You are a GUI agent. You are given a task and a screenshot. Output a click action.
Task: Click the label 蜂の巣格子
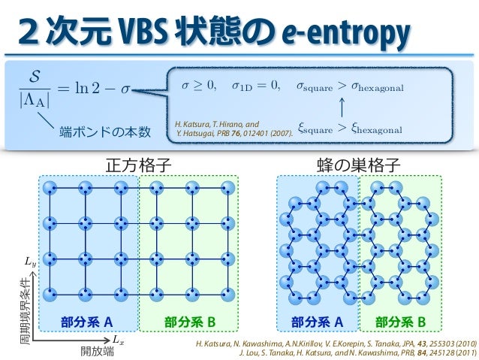coord(358,162)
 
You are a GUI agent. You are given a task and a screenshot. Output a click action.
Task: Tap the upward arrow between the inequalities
coord(342,108)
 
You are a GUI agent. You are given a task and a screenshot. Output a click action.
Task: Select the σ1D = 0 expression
coord(256,87)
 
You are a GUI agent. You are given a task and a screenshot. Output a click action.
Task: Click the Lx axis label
coord(119,340)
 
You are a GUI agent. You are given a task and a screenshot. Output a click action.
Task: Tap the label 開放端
coord(97,350)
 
